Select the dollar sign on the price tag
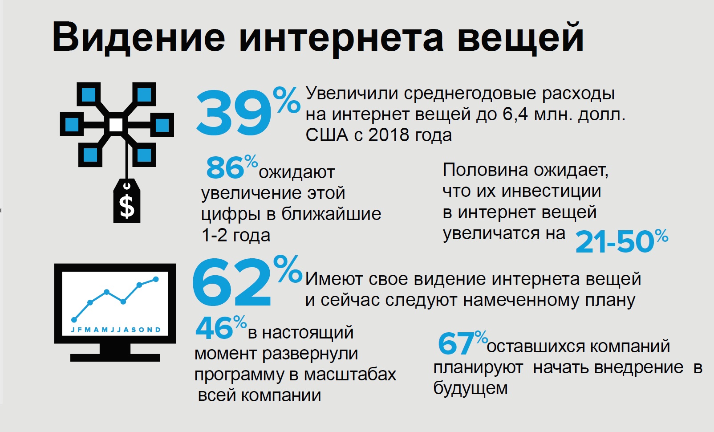(127, 206)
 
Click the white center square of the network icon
(117, 125)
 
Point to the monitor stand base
(115, 357)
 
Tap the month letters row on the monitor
(116, 330)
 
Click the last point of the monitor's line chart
(156, 279)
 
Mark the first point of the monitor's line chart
(74, 319)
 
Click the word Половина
(485, 170)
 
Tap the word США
(327, 135)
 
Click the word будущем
(471, 388)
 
